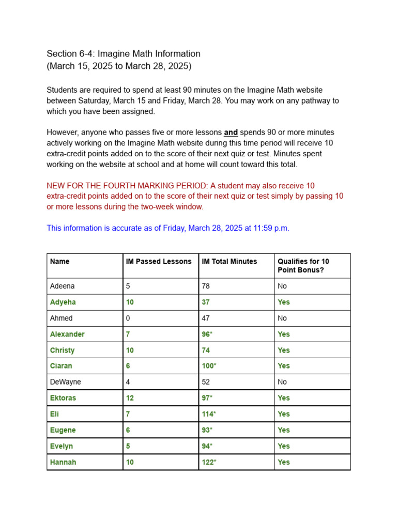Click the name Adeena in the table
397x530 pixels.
62,286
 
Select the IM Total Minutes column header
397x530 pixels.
229,261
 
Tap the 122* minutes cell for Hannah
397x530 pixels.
209,462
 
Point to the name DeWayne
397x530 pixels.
65,382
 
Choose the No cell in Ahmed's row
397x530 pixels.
282,318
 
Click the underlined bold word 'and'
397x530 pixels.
231,132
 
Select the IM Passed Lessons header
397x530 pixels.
158,261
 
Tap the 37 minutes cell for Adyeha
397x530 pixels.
206,302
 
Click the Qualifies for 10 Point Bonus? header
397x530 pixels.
303,266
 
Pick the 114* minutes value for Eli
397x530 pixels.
209,414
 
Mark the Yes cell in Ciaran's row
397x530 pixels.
283,366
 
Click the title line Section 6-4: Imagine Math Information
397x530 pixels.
124,54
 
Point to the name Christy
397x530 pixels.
62,350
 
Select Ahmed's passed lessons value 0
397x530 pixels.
128,318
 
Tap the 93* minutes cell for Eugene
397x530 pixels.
207,430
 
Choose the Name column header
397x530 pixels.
59,261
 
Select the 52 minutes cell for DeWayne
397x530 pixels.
206,382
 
